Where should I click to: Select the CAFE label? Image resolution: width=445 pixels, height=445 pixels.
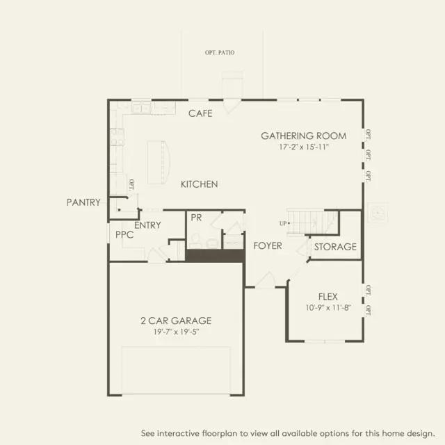tap(200, 113)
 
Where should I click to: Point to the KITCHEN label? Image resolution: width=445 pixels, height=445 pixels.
tap(200, 184)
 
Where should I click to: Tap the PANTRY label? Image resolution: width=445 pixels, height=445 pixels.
tap(83, 202)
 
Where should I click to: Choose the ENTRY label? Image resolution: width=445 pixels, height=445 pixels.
tap(147, 225)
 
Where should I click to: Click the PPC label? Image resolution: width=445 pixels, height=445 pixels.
tap(124, 235)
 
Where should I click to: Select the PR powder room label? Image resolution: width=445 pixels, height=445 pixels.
tap(196, 218)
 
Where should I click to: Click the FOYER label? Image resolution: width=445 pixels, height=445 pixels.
tap(267, 246)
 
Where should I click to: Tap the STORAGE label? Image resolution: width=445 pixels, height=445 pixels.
tap(335, 247)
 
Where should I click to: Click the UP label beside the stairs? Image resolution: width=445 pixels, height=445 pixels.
tap(283, 223)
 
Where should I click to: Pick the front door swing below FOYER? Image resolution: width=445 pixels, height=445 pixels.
tap(265, 280)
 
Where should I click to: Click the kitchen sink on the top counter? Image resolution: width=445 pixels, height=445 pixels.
tap(140, 108)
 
